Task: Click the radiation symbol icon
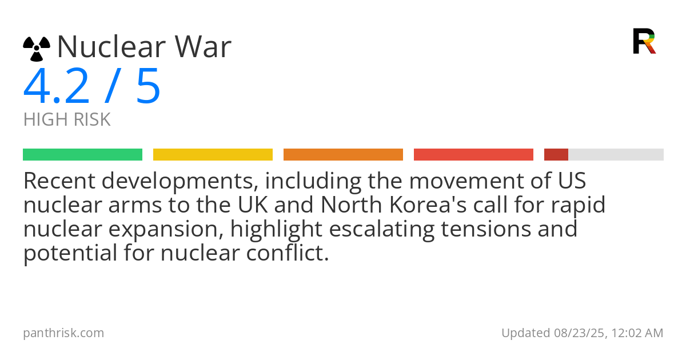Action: [37, 49]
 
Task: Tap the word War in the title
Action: [203, 46]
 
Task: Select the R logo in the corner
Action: [644, 41]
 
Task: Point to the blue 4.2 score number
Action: [57, 87]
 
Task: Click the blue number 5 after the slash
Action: [148, 87]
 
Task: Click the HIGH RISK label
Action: [67, 119]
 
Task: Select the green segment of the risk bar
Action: [83, 155]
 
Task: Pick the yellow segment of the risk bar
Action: [213, 155]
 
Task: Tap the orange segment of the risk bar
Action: [344, 155]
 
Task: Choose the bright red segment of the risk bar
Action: [473, 155]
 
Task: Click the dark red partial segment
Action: [556, 155]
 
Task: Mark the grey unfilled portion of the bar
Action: [616, 155]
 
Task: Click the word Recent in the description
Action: [59, 181]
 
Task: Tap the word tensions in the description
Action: [486, 229]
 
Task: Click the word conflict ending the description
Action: [288, 253]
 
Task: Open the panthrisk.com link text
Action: [63, 333]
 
